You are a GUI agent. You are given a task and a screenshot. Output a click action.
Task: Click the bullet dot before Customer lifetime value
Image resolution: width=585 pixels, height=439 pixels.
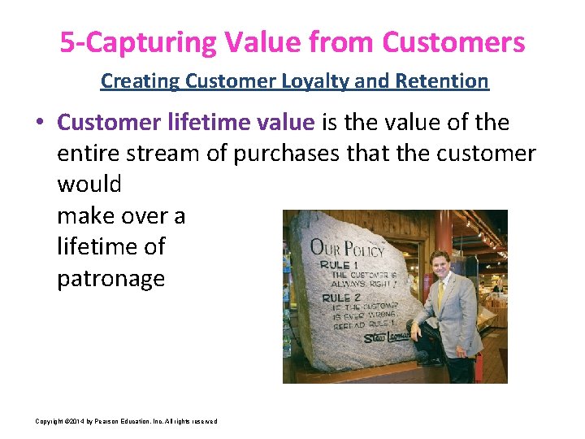coord(40,124)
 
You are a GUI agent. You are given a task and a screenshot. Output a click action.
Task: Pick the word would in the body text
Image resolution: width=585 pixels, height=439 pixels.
coord(89,185)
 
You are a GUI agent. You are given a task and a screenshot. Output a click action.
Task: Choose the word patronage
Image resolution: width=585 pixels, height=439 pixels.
coord(110,278)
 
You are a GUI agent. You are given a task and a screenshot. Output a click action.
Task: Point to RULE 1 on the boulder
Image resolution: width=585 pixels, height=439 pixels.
coord(335,266)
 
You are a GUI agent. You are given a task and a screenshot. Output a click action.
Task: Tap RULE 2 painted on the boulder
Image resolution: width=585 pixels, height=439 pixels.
coord(335,297)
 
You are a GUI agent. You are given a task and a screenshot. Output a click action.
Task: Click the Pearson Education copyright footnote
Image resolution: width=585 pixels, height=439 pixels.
coord(126,421)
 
